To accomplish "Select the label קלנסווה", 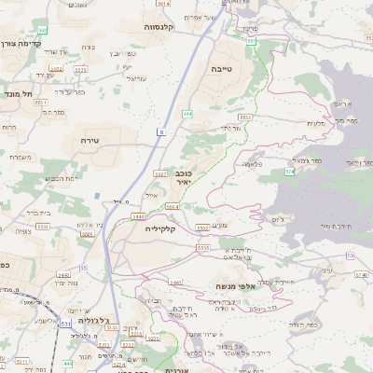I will (166, 27).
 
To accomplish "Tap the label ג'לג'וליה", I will (90, 323).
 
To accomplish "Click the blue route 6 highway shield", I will (160, 132).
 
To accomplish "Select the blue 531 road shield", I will (65, 324).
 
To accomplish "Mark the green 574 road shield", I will (290, 172).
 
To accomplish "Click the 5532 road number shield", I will (201, 227).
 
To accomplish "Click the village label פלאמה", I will (251, 163).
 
